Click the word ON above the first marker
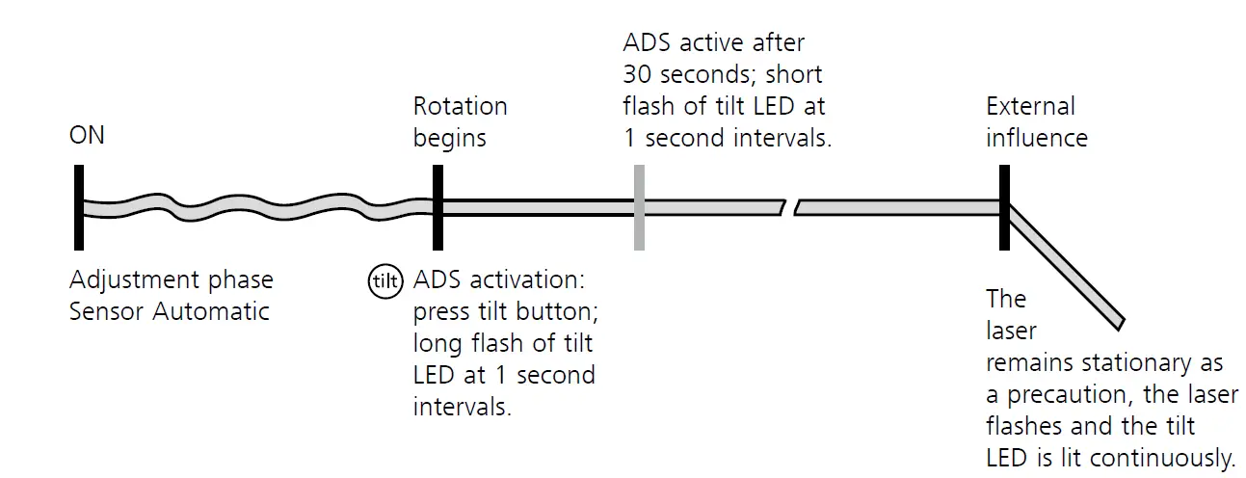coord(88,136)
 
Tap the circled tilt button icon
coord(384,280)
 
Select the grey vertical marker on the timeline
coord(638,207)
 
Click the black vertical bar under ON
coord(78,207)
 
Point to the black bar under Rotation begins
coord(437,207)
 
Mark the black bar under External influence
coord(1004,207)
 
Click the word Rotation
coord(460,106)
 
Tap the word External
coord(1030,106)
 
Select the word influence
coord(1036,138)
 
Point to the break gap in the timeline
coord(789,207)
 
